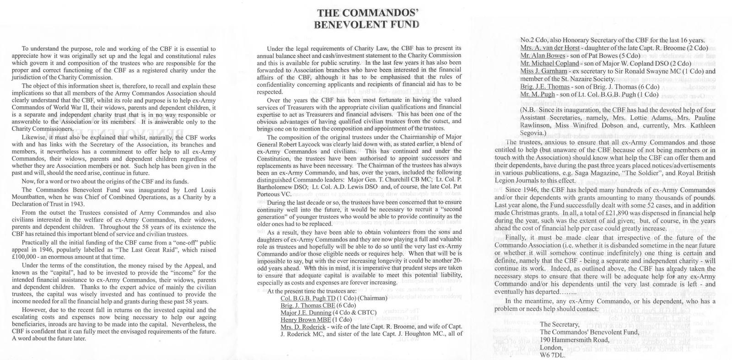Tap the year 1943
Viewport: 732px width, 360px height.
78,204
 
